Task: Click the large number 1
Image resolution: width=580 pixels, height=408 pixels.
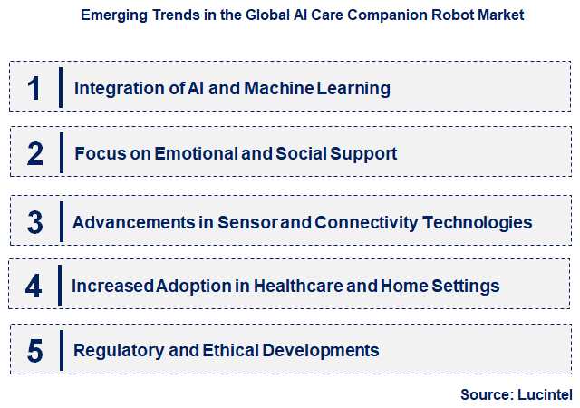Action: pos(34,89)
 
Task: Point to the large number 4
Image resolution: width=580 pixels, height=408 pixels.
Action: pos(34,287)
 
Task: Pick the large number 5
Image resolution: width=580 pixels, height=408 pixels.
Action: pos(35,351)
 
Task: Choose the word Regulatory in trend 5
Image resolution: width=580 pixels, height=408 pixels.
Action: pos(113,351)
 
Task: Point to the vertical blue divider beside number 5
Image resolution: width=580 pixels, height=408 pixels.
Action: pos(61,351)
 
